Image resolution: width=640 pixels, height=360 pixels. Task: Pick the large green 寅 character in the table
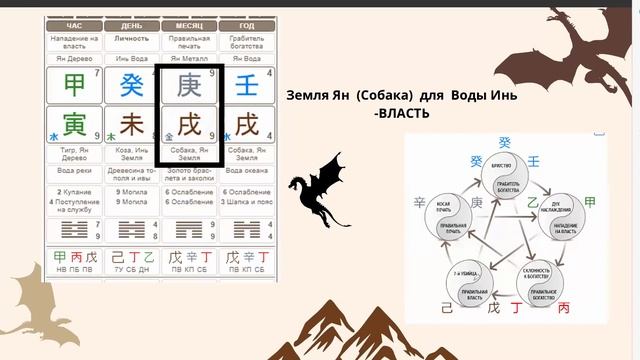pos(72,125)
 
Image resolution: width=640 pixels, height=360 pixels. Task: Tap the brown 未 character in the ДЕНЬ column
pos(131,125)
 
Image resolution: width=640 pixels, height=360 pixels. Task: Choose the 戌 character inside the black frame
pos(189,125)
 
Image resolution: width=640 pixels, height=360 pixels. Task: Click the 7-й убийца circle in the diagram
pos(451,285)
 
